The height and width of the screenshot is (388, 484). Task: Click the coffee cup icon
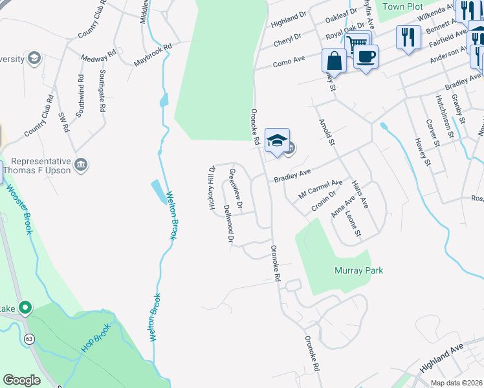click(366, 56)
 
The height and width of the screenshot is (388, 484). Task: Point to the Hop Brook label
click(96, 338)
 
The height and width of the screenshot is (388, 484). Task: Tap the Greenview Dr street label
click(236, 189)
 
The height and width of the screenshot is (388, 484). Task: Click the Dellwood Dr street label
click(228, 224)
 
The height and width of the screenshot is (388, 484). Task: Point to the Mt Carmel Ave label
click(320, 188)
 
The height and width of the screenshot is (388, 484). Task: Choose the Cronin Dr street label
click(323, 200)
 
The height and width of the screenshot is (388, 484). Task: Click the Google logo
click(21, 380)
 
